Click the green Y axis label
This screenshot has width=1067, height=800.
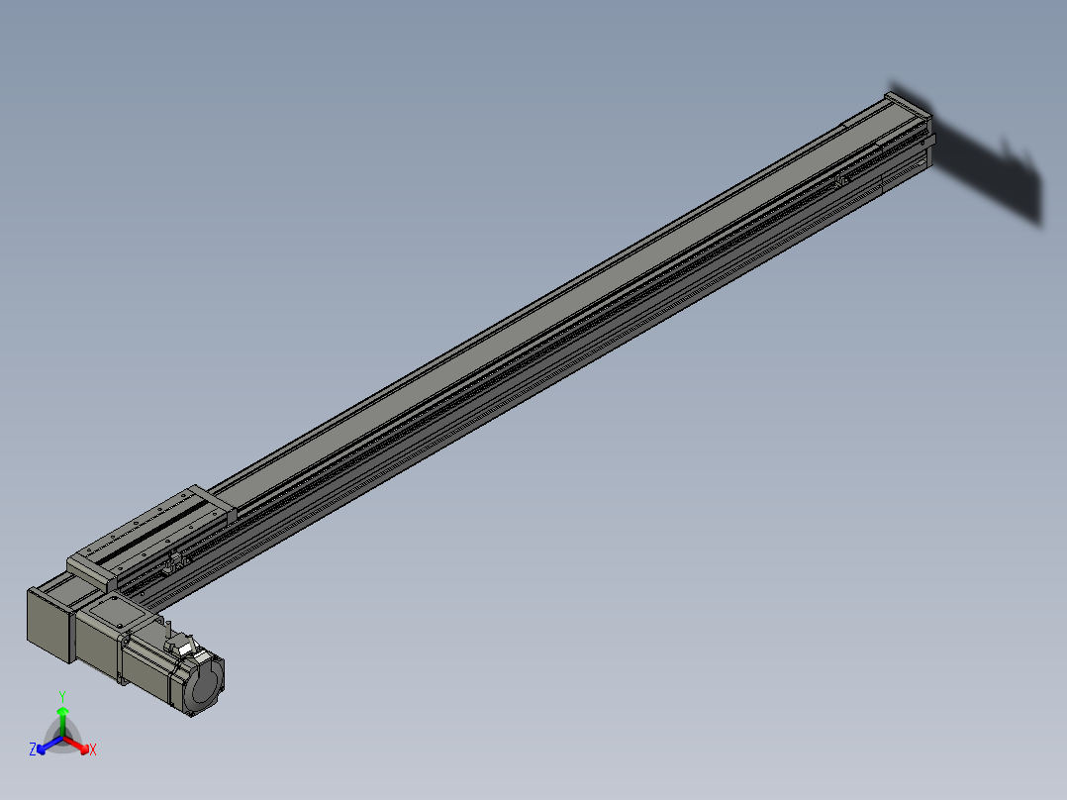pos(62,696)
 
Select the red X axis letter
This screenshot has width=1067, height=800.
pos(93,750)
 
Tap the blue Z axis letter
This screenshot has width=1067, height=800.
pos(33,750)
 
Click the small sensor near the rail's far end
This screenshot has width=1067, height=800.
pos(842,180)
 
